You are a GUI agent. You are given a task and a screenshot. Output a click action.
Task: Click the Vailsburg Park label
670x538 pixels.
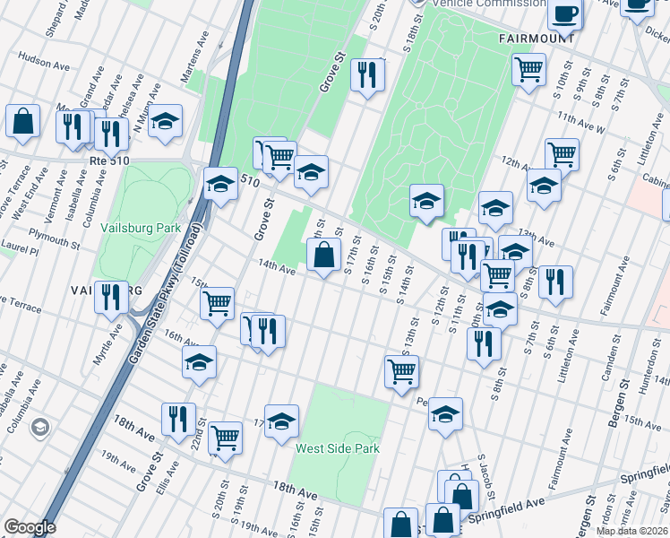click(142, 228)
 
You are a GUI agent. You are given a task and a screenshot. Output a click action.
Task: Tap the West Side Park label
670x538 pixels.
click(338, 448)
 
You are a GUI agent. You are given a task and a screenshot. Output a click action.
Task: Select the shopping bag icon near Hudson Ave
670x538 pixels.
click(22, 121)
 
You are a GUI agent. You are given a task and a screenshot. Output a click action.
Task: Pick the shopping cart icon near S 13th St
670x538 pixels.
click(402, 370)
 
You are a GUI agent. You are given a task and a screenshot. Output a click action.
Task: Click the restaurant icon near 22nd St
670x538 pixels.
click(178, 418)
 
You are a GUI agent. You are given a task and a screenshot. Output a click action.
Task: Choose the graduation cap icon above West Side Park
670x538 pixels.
click(281, 421)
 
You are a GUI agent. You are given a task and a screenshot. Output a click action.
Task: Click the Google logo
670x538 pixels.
click(30, 527)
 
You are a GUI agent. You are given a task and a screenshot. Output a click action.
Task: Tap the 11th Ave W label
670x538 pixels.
click(580, 123)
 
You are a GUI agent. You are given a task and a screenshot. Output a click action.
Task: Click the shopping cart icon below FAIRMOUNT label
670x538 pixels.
click(529, 68)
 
